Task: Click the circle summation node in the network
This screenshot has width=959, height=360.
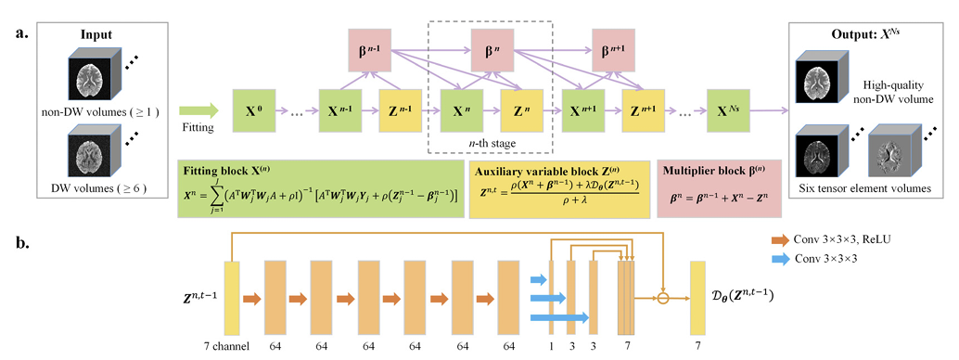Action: click(661, 298)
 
